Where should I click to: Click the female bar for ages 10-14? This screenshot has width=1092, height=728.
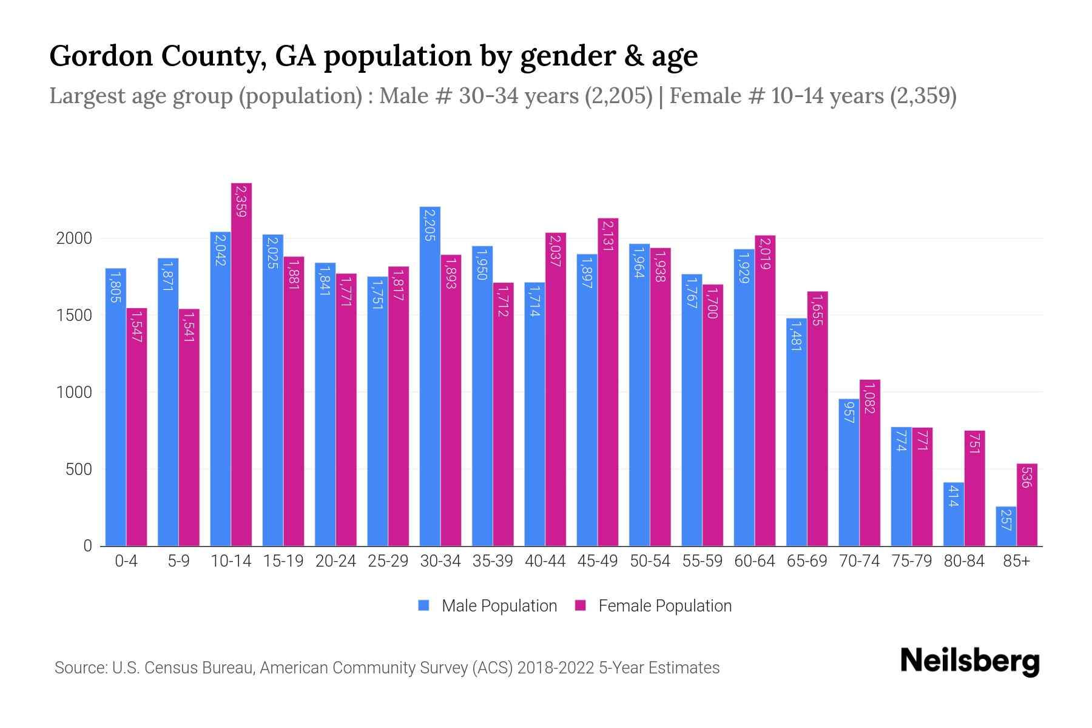click(x=241, y=364)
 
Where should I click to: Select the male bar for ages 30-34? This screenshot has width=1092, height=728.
click(x=430, y=376)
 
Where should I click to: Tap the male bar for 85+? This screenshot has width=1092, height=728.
click(x=1006, y=527)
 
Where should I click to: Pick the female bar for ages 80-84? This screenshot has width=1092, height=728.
click(x=975, y=488)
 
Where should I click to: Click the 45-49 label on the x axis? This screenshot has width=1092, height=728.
click(x=598, y=561)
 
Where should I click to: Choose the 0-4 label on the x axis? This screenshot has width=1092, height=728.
click(x=126, y=561)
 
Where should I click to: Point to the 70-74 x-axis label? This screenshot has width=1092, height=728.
click(x=859, y=561)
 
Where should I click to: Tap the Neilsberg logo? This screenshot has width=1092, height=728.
click(x=969, y=661)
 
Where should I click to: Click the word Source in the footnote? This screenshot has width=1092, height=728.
click(x=79, y=668)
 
